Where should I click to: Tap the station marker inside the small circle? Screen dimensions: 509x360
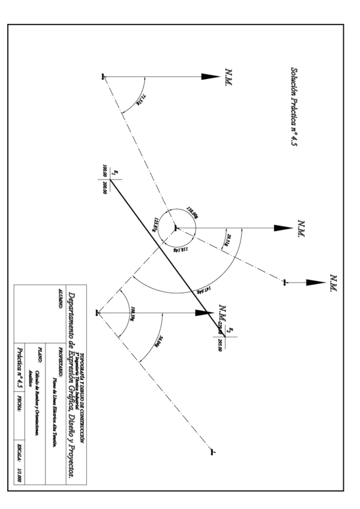coord(175,227)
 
